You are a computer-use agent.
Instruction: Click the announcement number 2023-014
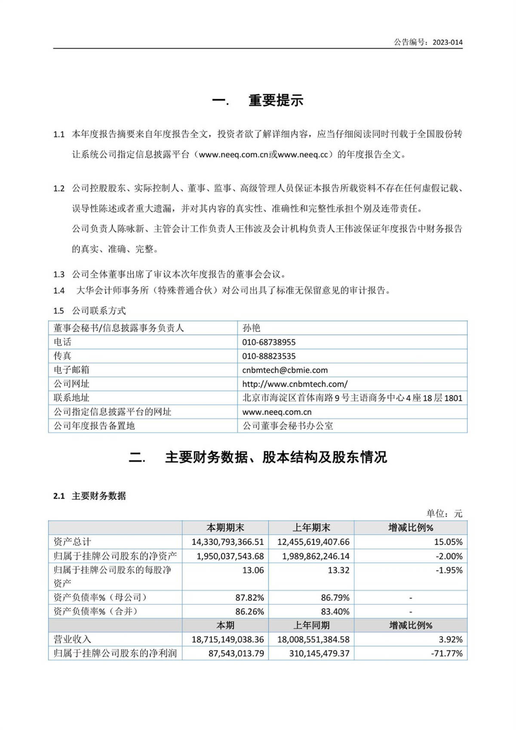(447, 42)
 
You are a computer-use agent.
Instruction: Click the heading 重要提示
(276, 100)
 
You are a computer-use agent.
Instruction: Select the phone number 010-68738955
(269, 342)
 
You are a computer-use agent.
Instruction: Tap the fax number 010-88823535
(269, 356)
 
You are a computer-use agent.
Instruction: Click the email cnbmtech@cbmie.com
(285, 370)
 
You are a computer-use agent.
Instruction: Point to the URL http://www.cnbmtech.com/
(295, 384)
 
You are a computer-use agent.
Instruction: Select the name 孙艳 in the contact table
(251, 328)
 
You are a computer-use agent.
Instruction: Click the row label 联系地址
(71, 398)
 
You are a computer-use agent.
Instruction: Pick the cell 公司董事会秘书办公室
(288, 426)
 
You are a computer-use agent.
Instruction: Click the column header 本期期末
(225, 528)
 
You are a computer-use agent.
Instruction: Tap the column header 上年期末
(311, 528)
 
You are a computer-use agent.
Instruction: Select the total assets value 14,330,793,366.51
(227, 542)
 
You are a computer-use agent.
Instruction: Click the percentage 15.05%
(448, 542)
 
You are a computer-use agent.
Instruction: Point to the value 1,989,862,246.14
(316, 556)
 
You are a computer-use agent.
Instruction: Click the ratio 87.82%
(249, 597)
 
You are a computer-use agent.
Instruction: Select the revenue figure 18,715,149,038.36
(227, 640)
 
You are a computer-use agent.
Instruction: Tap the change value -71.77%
(447, 653)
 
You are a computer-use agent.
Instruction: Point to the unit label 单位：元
(444, 513)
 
